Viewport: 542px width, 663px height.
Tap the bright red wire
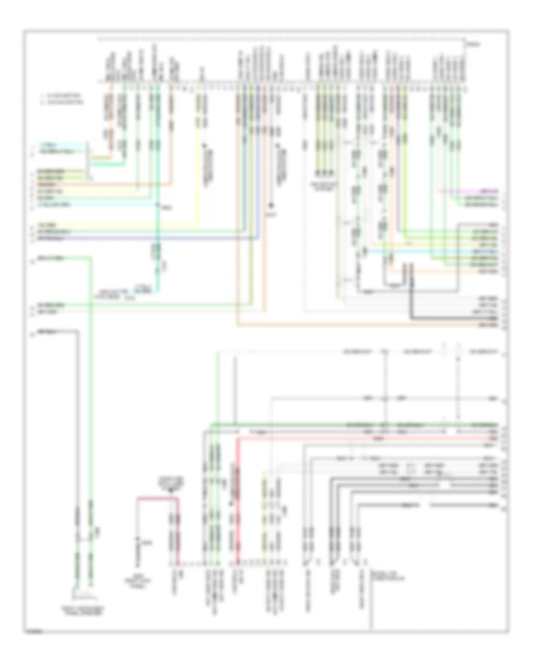tap(238, 482)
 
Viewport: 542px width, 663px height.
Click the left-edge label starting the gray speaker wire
tap(44, 331)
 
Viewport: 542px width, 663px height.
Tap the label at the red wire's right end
tap(493, 438)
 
